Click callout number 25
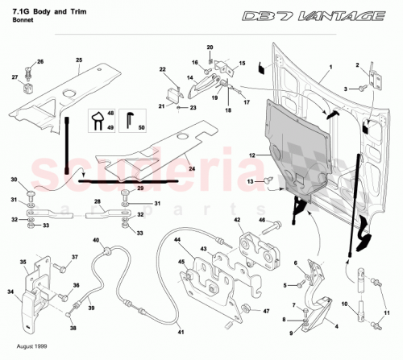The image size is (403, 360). point(80,60)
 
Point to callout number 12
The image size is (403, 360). point(251,153)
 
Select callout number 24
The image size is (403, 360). point(192,169)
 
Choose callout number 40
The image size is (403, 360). point(95,241)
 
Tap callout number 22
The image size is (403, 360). point(162,70)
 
